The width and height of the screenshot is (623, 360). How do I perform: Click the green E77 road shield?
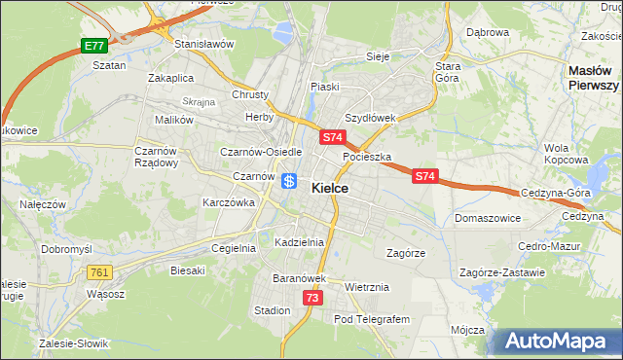(x=93, y=46)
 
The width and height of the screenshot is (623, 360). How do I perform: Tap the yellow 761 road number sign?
(x=98, y=272)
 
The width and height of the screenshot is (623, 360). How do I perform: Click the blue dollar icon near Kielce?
(x=289, y=181)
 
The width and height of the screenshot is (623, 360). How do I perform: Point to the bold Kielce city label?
(x=331, y=188)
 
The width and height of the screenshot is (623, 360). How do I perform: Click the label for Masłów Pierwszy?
(x=594, y=78)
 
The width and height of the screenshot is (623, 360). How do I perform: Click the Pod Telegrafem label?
(x=373, y=319)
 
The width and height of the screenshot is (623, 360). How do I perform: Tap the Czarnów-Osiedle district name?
(x=261, y=152)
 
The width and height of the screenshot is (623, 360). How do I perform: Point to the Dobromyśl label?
(x=65, y=248)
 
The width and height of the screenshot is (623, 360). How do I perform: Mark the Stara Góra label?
(x=447, y=73)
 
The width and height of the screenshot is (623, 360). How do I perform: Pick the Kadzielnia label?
(x=299, y=241)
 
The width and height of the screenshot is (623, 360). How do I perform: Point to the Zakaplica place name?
(x=171, y=77)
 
